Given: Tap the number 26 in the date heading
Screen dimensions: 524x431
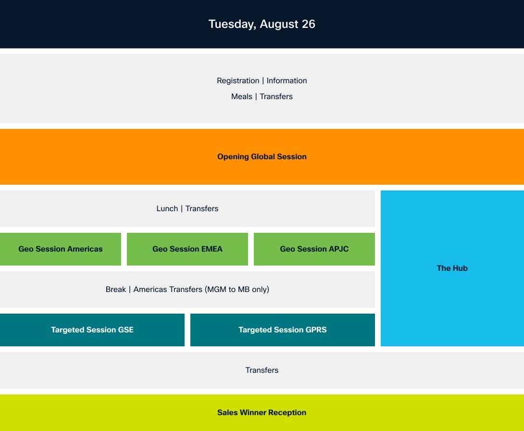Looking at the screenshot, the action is [309, 24].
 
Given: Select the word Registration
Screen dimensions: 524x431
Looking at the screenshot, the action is [238, 81].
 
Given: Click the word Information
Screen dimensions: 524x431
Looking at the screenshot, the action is [287, 81].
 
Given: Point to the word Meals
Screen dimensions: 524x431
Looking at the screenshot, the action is [242, 97].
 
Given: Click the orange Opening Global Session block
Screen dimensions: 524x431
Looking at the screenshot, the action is [262, 157].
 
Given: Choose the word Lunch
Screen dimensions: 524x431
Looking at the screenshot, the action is [167, 209].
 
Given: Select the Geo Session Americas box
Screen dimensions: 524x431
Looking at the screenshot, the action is [61, 249].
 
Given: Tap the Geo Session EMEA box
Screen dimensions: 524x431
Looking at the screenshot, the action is [187, 249].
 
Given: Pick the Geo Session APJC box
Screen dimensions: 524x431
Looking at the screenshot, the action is [314, 249].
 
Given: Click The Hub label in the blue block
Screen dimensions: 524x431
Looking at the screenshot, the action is [452, 268].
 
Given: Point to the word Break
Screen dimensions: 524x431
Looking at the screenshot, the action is [116, 289].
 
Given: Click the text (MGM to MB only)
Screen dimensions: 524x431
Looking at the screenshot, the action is [237, 289].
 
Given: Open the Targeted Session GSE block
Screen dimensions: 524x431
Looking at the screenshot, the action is [92, 330].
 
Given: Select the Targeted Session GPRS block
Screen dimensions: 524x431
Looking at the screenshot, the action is [283, 330].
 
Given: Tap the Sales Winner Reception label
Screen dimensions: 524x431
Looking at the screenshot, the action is [262, 413].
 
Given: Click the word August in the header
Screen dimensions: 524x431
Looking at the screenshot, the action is [279, 25].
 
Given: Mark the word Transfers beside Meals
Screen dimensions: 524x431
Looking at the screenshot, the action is [276, 97].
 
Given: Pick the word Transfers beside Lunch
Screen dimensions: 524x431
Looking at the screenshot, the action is [202, 209].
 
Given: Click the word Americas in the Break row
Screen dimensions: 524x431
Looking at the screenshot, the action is [151, 289].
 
